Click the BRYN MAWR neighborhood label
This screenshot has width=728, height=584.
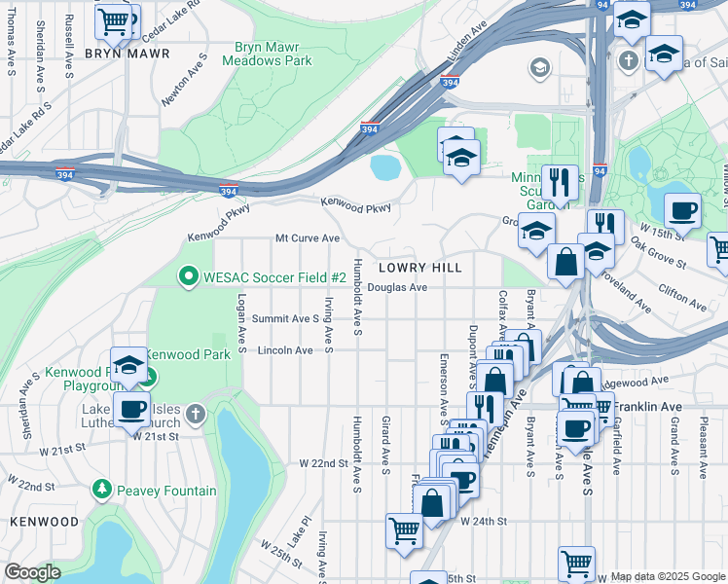tap(127, 54)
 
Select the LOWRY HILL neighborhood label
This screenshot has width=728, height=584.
tap(419, 267)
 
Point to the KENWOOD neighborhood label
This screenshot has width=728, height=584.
tap(44, 522)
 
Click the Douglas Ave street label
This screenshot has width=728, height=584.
tap(398, 288)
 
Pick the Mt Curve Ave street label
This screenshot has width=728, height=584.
tap(308, 237)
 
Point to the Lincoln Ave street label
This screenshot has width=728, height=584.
tap(284, 350)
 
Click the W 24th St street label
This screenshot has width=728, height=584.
tap(484, 522)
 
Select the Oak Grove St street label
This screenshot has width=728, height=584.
tap(658, 251)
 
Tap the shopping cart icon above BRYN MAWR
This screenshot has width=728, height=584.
tap(115, 18)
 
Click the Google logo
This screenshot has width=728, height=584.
tap(32, 572)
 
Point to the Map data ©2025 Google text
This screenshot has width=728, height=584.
tap(667, 577)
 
